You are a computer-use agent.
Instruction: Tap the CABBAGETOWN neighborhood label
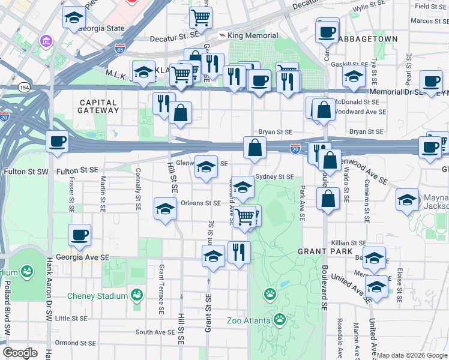367,38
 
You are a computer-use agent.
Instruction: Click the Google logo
20,353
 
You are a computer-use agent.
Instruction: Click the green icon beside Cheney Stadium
137,295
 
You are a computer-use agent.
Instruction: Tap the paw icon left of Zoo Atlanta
270,295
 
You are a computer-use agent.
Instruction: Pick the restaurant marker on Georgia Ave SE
239,253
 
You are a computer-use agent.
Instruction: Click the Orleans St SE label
201,203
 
